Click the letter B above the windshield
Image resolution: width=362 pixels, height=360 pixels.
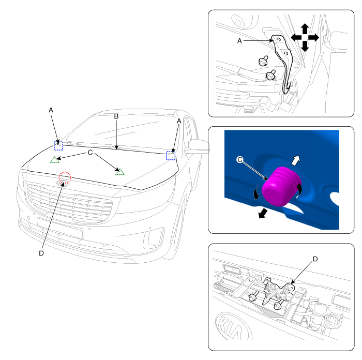[116, 116]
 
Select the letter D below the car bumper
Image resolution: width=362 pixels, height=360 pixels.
[41, 253]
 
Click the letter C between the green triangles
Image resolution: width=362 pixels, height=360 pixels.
[90, 153]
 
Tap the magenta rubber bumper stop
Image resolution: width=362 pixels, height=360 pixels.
[281, 186]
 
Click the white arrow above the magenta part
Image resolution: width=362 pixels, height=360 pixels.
[296, 160]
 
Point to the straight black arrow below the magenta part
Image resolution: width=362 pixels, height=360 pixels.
[263, 214]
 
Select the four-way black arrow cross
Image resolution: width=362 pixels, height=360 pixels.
[305, 37]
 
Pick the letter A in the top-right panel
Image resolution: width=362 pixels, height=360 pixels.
[239, 41]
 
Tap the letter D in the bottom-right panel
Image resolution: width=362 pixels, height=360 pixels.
[315, 259]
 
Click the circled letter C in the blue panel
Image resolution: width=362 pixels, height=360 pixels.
[240, 159]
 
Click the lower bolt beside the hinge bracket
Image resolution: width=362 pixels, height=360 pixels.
[270, 76]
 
